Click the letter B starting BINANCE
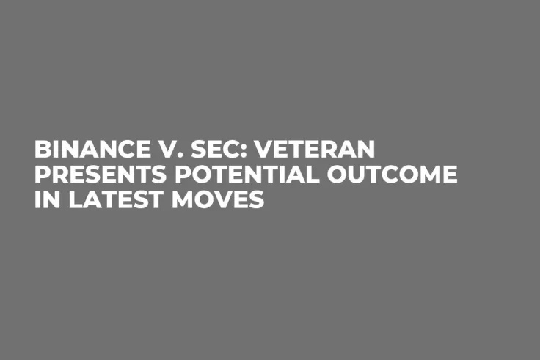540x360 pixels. pos(43,150)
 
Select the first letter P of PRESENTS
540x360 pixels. pos(43,175)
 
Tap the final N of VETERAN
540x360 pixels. pos(365,150)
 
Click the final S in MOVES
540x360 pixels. pos(256,200)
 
